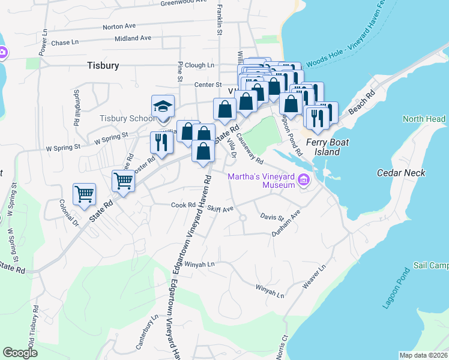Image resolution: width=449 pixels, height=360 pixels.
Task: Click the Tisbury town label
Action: [103, 65]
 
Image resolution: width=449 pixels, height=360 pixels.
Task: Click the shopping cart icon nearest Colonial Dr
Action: [84, 194]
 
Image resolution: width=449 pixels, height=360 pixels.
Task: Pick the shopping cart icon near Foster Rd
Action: [123, 180]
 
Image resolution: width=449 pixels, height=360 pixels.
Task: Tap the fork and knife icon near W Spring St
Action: [161, 142]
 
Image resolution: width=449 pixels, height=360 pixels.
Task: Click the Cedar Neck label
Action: [400, 173]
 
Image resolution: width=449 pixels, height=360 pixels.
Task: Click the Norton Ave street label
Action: [119, 27]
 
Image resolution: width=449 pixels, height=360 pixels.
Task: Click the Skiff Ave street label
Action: [220, 209]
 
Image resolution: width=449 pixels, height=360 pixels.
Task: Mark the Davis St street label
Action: [272, 217]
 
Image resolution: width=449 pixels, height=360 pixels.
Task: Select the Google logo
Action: [20, 353]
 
